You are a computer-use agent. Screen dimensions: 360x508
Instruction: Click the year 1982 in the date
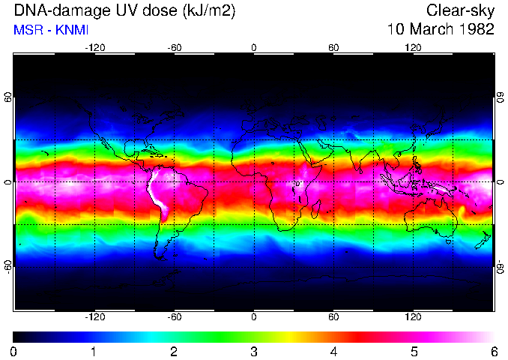477,30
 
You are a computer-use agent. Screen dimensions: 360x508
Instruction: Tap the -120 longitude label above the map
94,47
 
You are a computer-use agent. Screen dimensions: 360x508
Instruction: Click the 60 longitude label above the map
333,47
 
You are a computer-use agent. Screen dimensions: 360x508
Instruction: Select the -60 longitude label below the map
174,317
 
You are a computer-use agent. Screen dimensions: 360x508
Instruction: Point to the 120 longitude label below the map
413,317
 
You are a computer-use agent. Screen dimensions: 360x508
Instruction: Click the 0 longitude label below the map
254,317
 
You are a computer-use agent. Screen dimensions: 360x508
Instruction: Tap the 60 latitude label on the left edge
8,97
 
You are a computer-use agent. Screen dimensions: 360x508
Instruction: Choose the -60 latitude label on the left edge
8,266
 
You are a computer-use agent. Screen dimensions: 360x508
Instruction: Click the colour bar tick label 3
254,351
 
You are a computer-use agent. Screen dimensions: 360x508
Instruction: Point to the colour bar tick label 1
94,351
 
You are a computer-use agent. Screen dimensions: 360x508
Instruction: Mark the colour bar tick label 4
333,351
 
